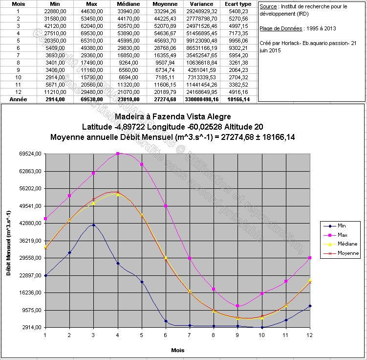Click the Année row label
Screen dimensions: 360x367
pyautogui.click(x=18, y=99)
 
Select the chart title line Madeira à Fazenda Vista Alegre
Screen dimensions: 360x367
pyautogui.click(x=173, y=117)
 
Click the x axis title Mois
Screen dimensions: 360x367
pyautogui.click(x=178, y=350)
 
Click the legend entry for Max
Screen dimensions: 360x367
pyautogui.click(x=342, y=235)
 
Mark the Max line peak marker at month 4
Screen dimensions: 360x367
pyautogui.click(x=118, y=154)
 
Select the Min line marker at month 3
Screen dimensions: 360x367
pyautogui.click(x=93, y=225)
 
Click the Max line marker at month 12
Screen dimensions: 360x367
pyautogui.click(x=310, y=258)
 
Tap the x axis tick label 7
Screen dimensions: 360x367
pyautogui.click(x=190, y=335)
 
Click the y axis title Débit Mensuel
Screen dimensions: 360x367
pyautogui.click(x=9, y=241)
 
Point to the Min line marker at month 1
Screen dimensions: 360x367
pyautogui.click(x=45, y=275)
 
